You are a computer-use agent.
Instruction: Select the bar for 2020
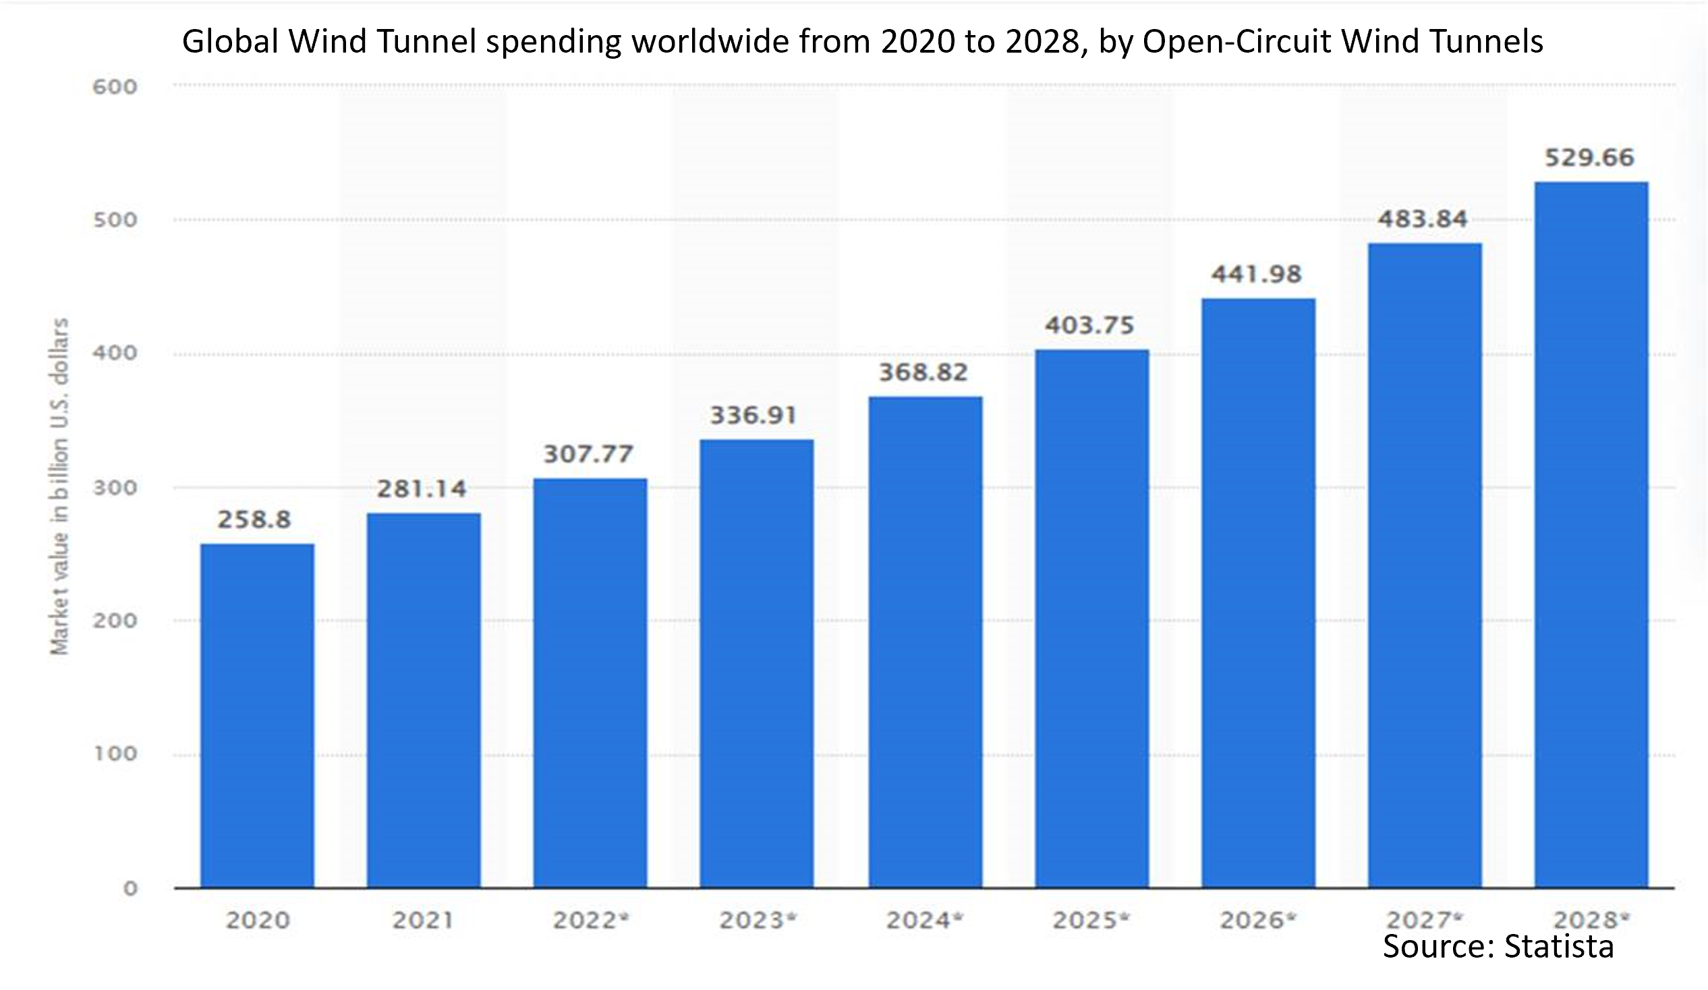[257, 715]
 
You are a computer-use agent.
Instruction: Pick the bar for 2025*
[1091, 618]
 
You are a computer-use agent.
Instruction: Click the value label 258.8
[254, 520]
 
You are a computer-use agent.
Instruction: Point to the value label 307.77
[588, 453]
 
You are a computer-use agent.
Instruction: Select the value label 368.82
[923, 373]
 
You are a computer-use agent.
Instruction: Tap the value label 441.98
[1257, 274]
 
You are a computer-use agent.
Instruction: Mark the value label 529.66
[1589, 157]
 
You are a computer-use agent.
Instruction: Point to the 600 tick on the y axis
[115, 87]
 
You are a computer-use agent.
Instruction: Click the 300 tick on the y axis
[115, 487]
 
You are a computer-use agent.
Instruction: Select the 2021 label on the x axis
[423, 920]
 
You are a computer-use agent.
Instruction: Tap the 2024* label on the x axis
[924, 920]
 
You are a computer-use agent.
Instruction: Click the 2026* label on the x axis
[1258, 920]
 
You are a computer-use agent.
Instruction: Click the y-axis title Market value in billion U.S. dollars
[59, 486]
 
